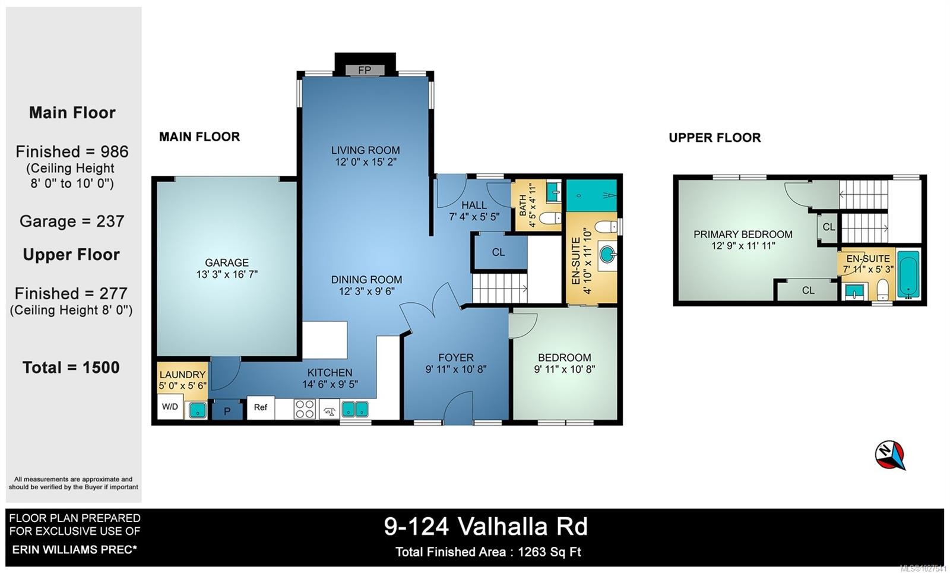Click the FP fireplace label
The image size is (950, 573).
[x=365, y=70]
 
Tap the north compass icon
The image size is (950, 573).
[x=889, y=455]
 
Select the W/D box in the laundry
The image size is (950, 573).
[x=170, y=407]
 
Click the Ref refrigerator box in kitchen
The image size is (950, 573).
[x=261, y=407]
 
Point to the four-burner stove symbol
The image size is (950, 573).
[x=305, y=409]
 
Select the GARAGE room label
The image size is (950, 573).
[x=227, y=262]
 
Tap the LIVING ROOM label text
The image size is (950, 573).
[x=365, y=150]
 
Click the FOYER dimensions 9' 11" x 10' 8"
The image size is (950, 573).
[x=455, y=369]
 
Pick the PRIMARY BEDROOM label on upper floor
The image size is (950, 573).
[x=743, y=235]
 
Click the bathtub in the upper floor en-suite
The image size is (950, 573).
[x=908, y=274]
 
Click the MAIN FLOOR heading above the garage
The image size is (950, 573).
[x=199, y=137]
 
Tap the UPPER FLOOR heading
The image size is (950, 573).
[x=714, y=138]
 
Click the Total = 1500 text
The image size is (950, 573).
[x=71, y=368]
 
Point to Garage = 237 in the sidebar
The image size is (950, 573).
[x=72, y=221]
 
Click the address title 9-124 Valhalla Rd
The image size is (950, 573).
[x=486, y=526]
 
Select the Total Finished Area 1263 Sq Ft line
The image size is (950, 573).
[x=488, y=552]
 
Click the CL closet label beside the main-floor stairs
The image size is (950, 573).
[x=498, y=252]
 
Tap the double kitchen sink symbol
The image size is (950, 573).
[x=354, y=409]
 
